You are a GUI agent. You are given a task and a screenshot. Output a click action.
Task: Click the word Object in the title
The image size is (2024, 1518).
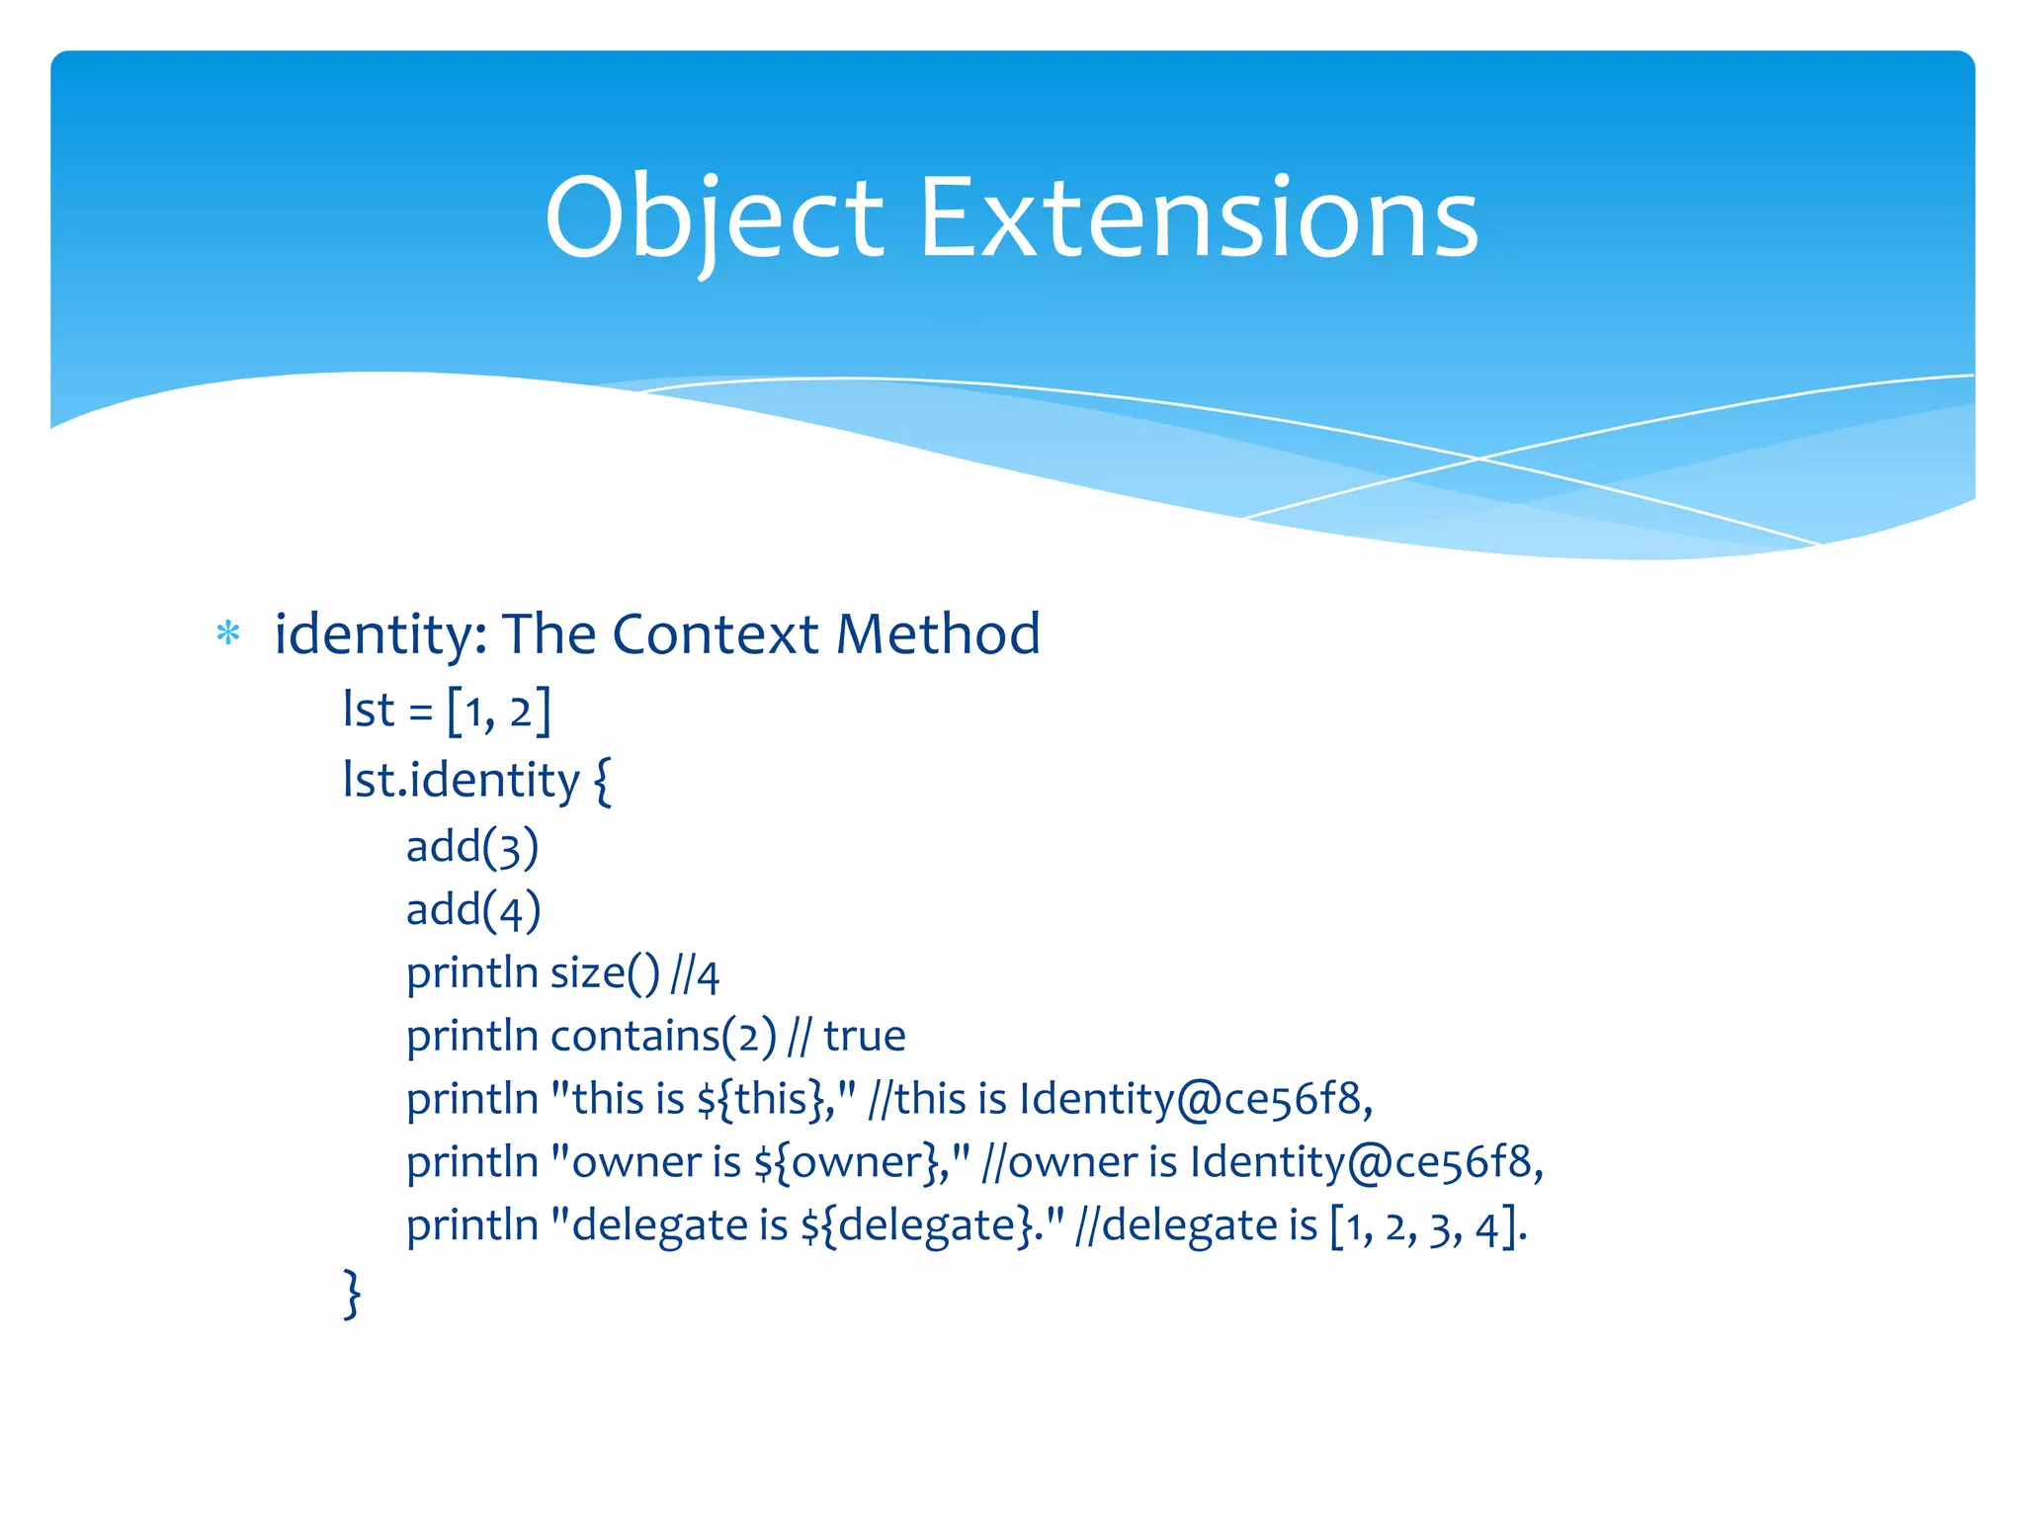tap(714, 219)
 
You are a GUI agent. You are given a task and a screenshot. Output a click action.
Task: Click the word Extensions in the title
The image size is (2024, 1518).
tap(1199, 219)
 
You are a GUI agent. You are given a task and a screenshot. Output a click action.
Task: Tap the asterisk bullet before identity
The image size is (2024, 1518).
tap(228, 633)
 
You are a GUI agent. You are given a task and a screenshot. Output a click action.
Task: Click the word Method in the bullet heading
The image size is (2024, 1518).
tap(938, 633)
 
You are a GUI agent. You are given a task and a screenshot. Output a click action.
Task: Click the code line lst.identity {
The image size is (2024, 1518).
tap(476, 781)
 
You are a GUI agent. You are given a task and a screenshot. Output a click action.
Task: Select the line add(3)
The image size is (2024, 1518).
tap(472, 847)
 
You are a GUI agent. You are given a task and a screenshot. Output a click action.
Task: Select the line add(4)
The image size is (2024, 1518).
tap(473, 910)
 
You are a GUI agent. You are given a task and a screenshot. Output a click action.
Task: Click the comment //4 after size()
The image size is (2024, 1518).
tap(695, 974)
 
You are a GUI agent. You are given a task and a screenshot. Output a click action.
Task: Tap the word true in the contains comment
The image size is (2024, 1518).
tap(865, 1037)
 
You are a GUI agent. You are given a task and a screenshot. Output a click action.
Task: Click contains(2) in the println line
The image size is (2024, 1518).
tap(663, 1037)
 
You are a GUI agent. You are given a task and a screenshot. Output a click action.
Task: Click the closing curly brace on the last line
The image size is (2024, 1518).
tap(352, 1294)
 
